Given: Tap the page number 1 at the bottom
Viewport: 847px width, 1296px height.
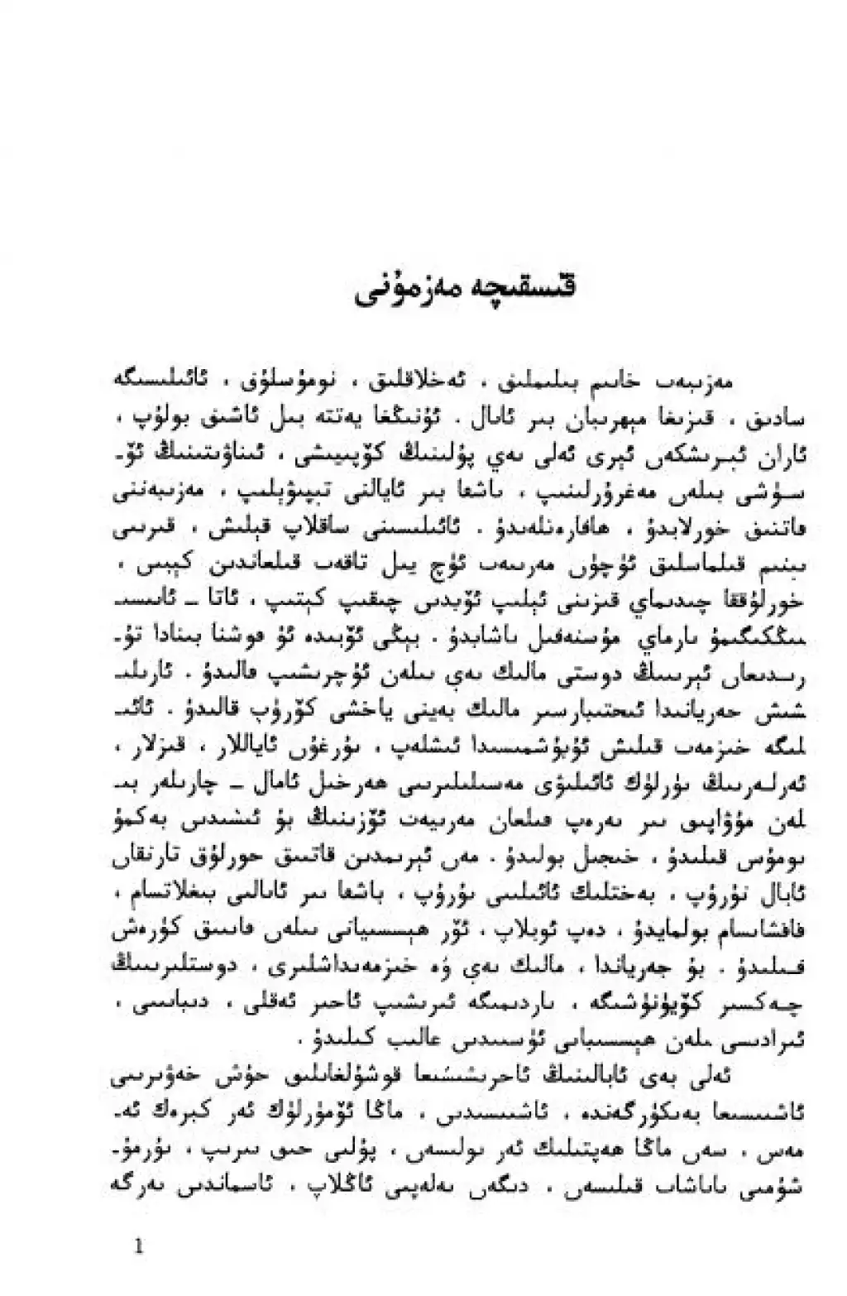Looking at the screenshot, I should [x=138, y=1246].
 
